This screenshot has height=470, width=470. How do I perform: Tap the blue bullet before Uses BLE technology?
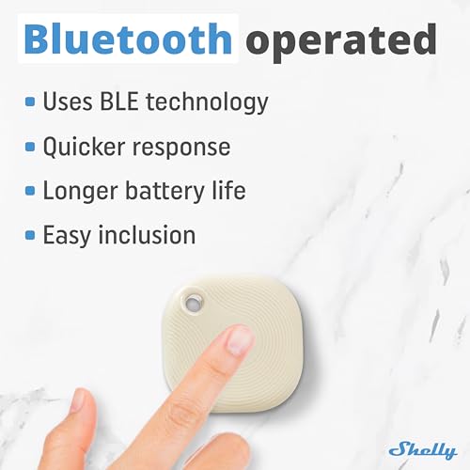tap(31, 102)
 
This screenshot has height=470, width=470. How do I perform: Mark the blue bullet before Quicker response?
tap(31, 147)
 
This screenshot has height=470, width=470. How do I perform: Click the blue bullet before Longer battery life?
tap(31, 191)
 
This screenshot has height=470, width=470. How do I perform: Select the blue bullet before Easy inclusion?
tap(31, 235)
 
